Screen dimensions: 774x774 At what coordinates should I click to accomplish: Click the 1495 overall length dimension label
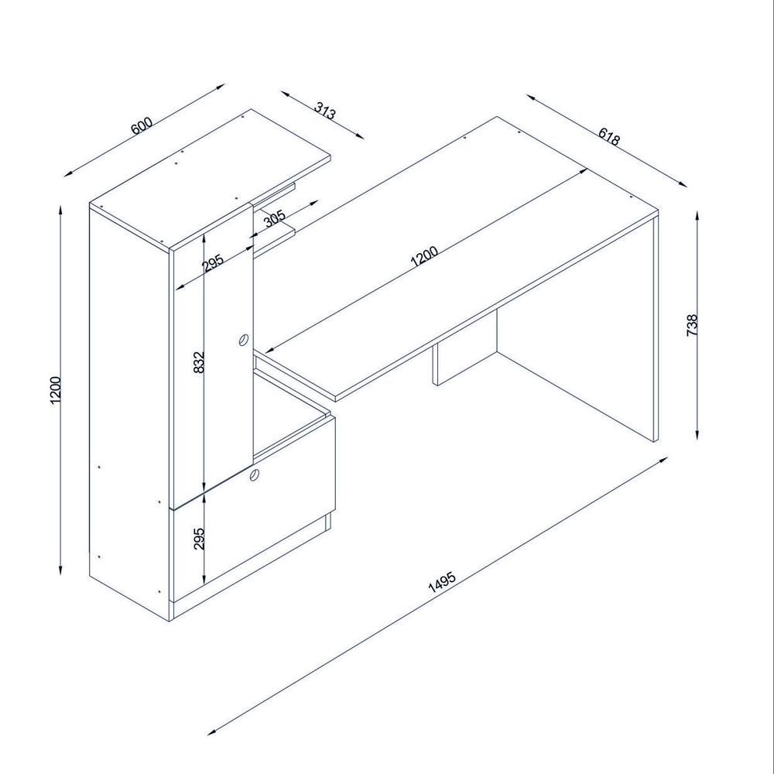tap(442, 582)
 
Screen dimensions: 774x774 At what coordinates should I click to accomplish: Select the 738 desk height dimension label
tap(692, 325)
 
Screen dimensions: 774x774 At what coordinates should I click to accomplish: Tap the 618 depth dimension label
tap(608, 137)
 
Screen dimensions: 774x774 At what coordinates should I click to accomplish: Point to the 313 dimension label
tap(325, 111)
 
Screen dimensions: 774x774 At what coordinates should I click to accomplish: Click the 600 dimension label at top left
tap(142, 125)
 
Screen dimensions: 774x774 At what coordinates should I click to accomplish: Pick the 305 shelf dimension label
tap(275, 217)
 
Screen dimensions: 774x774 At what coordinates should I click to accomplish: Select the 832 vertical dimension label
tap(198, 362)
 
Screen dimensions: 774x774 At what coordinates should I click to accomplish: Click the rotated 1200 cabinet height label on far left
tap(55, 390)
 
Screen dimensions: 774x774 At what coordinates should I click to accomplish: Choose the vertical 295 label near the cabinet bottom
tap(198, 539)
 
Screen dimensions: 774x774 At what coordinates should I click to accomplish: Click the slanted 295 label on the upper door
tap(214, 263)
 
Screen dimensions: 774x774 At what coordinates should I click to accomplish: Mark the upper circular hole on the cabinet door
tap(243, 340)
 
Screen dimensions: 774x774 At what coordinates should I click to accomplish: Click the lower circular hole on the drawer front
tap(255, 475)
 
